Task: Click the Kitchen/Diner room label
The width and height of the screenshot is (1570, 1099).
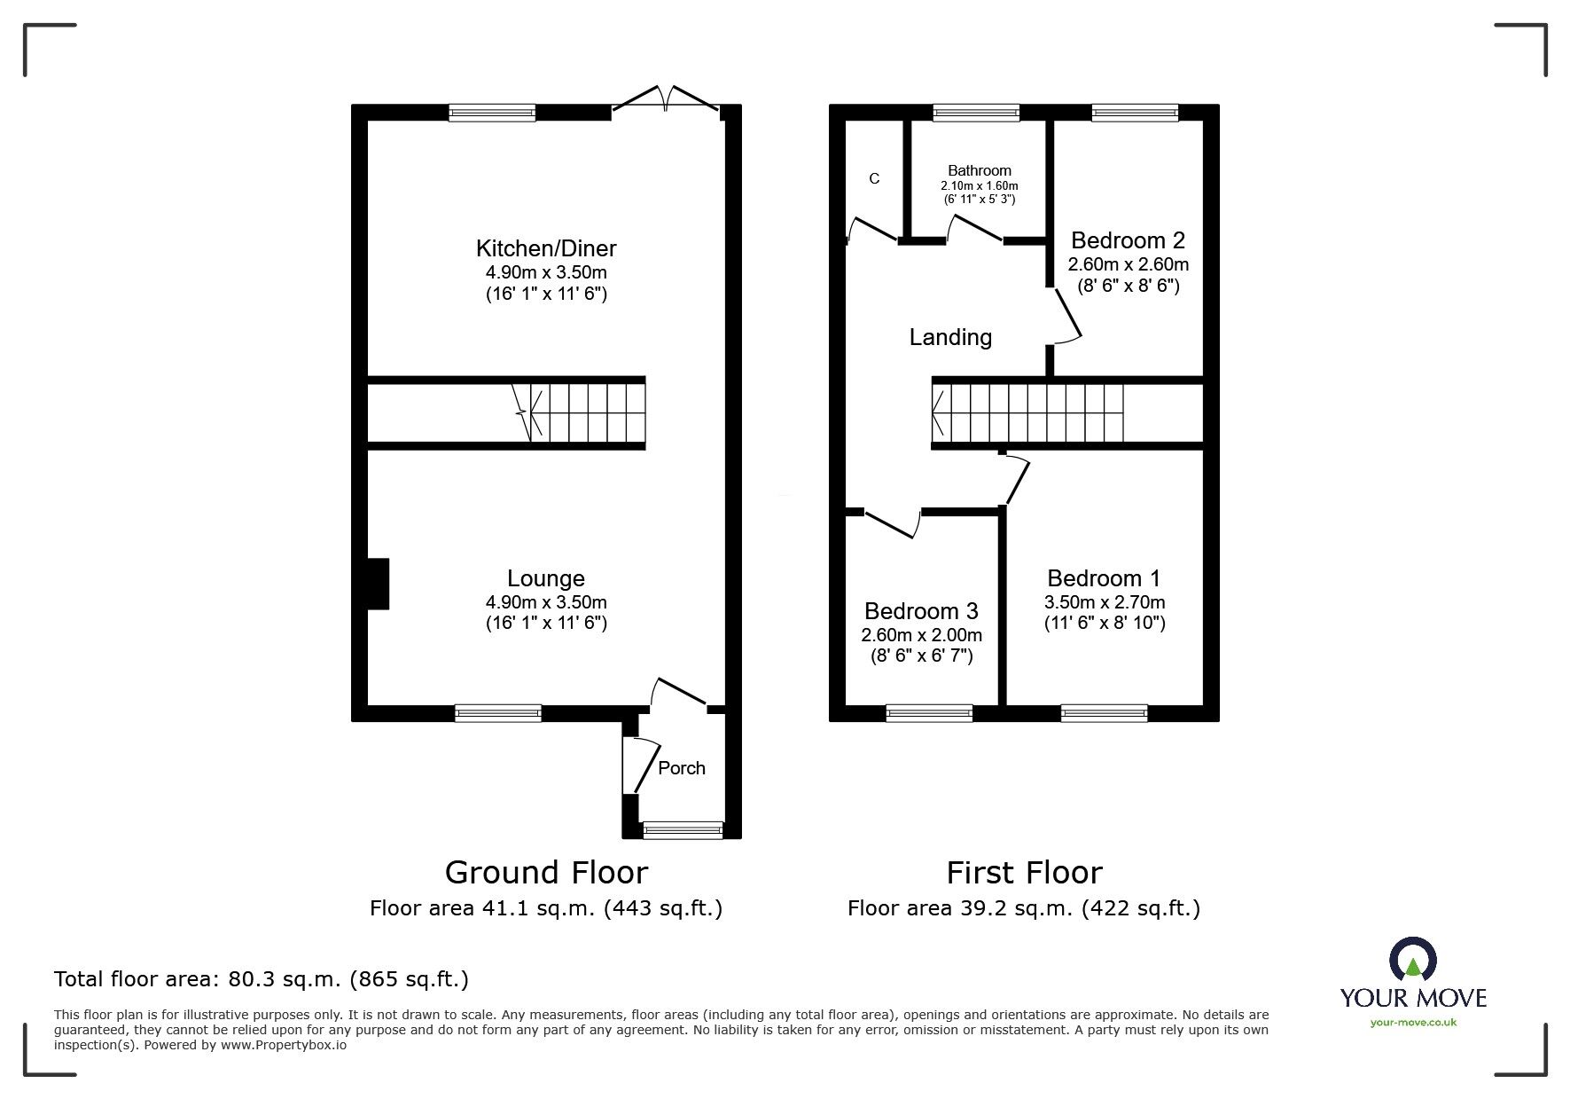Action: [x=546, y=248]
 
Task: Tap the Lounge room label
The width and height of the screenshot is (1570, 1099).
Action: [x=546, y=578]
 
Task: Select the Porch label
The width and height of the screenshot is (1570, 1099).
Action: [x=682, y=768]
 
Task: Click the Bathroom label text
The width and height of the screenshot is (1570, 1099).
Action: [x=980, y=170]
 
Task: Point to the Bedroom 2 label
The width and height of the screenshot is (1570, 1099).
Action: [x=1128, y=240]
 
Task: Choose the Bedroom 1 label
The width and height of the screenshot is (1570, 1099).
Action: [x=1104, y=578]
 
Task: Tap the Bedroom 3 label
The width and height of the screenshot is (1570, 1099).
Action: [x=921, y=611]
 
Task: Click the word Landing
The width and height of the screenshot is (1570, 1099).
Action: [x=950, y=337]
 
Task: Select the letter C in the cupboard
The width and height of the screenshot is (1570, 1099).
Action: [x=874, y=178]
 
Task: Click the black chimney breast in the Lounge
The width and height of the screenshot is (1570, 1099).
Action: [x=378, y=584]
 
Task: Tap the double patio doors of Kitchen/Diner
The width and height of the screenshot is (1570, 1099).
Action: [x=665, y=100]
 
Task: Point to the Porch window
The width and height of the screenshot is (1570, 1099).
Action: [x=683, y=830]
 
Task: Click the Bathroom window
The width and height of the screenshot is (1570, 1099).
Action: [x=976, y=113]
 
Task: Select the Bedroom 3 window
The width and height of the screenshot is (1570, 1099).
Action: [x=929, y=712]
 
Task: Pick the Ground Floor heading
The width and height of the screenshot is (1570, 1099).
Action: [x=546, y=873]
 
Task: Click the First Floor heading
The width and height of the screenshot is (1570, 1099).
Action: [x=1024, y=873]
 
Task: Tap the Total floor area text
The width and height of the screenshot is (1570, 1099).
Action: [x=262, y=979]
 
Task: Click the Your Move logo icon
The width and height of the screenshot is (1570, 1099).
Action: [x=1412, y=961]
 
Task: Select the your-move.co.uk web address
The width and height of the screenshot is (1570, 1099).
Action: [x=1413, y=1023]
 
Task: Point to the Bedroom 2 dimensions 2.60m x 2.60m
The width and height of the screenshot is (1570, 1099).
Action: [x=1129, y=264]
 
